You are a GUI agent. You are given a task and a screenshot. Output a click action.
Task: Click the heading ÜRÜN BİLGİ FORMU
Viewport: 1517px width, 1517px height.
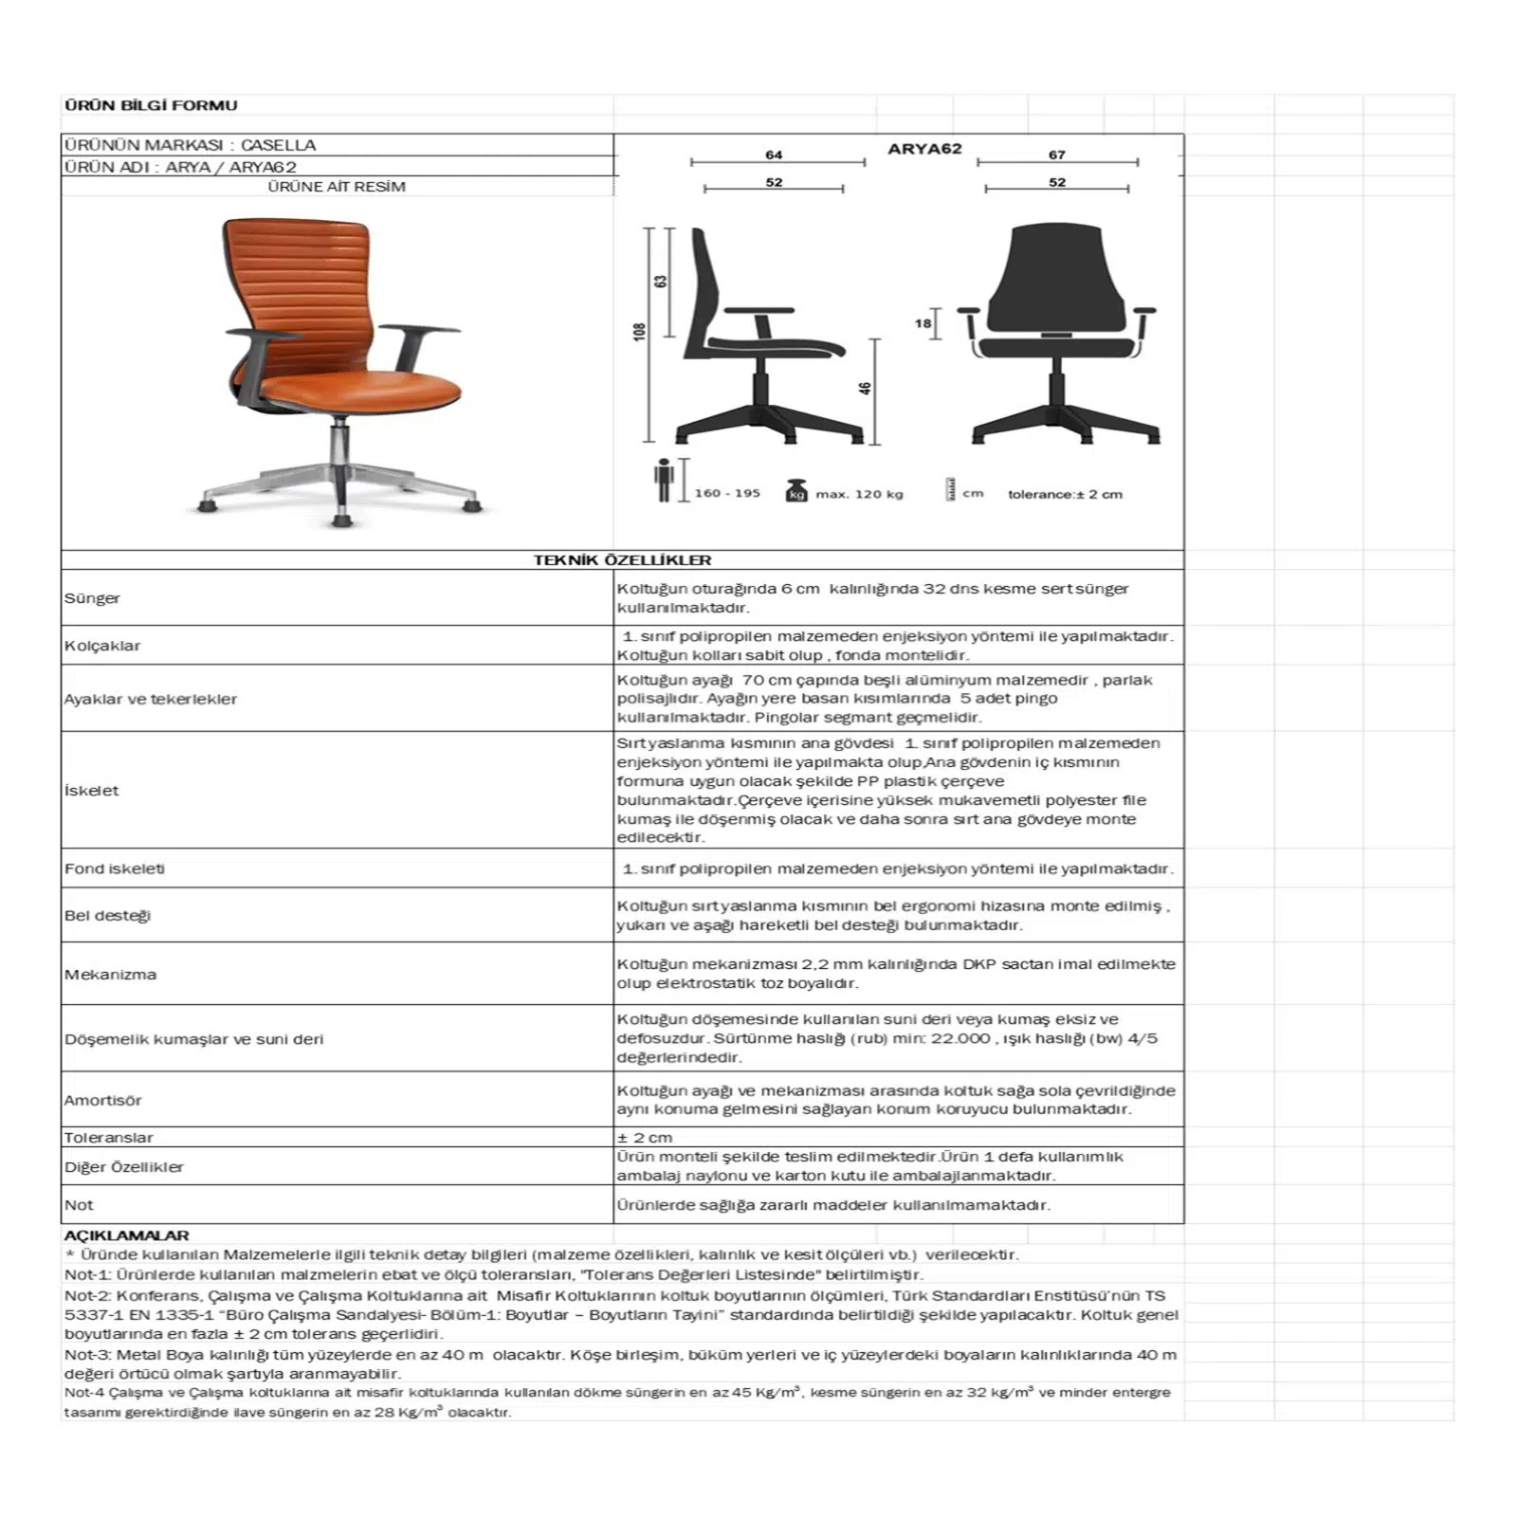click(x=151, y=105)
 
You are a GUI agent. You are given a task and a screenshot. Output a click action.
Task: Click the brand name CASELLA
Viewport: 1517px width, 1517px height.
click(x=278, y=145)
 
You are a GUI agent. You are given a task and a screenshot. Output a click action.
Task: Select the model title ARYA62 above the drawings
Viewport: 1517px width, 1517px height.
click(x=924, y=149)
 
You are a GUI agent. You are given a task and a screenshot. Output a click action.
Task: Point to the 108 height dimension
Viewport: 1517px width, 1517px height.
click(x=640, y=332)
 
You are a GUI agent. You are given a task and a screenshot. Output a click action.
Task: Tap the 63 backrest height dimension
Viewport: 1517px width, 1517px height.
click(x=661, y=282)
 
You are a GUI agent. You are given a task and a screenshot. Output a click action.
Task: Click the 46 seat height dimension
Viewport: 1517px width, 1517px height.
click(x=865, y=388)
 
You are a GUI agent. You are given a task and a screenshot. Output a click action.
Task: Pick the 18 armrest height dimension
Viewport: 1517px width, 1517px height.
click(x=923, y=323)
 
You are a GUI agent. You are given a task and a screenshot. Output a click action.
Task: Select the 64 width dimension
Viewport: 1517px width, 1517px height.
click(x=774, y=155)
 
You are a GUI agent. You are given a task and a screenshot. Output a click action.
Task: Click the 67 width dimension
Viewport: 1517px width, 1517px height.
click(x=1057, y=155)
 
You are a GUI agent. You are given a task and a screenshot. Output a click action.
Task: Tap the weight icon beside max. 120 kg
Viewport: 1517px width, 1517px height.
click(x=796, y=491)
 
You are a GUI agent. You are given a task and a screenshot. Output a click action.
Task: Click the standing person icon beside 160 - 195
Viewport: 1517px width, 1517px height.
click(x=664, y=481)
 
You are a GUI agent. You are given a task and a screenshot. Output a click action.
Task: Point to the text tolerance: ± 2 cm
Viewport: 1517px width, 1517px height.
click(x=1065, y=494)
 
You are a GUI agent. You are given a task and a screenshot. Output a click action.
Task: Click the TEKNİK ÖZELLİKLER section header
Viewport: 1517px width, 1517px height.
click(x=622, y=560)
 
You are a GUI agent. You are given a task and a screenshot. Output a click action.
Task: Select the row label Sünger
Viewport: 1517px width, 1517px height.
click(x=93, y=598)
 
